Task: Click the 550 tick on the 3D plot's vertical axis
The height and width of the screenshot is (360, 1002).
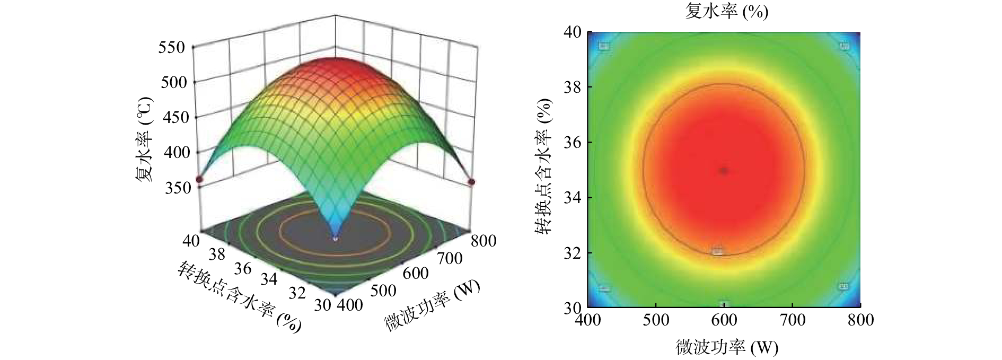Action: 172,48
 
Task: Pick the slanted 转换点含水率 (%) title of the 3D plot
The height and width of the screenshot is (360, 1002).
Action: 239,295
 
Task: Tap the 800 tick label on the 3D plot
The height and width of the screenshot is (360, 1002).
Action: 482,241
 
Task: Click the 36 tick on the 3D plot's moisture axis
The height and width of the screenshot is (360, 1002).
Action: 242,268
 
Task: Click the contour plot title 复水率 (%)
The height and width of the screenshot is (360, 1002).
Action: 726,12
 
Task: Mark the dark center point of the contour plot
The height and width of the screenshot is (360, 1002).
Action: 724,171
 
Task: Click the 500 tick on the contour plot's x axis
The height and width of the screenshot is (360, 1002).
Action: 656,320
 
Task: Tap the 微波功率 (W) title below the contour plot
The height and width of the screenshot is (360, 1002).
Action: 726,347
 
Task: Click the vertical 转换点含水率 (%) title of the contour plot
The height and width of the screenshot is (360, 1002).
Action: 543,166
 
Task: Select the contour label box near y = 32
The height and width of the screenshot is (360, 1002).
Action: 717,251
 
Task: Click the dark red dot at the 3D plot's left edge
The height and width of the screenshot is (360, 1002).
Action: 199,180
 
